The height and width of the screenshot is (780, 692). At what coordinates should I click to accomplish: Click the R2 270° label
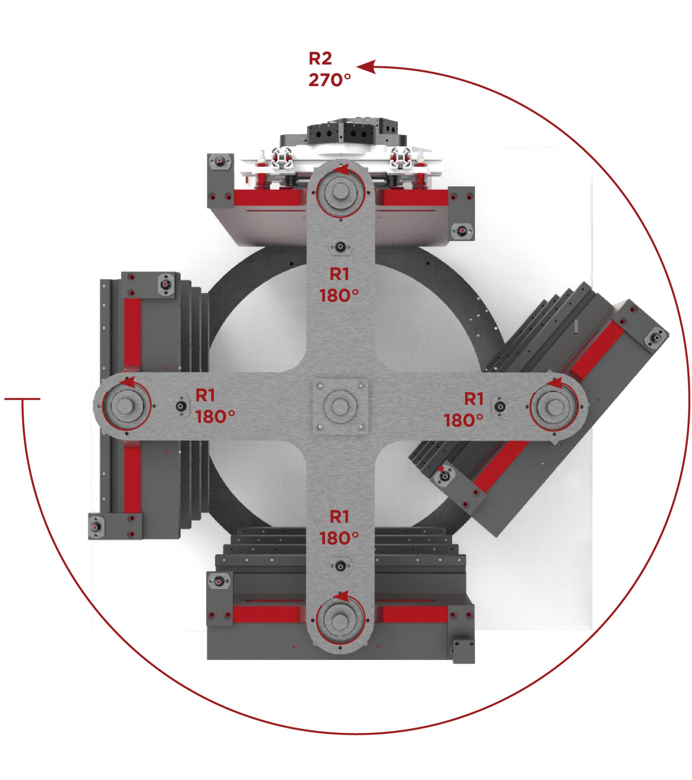329,69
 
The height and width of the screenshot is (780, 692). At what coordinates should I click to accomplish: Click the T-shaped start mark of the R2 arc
22,399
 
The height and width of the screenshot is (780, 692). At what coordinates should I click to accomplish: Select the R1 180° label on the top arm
339,285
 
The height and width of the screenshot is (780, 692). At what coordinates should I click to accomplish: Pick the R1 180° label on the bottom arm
339,528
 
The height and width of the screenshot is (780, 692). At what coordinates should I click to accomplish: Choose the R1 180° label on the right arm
464,410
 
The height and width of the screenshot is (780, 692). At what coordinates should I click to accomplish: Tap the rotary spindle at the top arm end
339,192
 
